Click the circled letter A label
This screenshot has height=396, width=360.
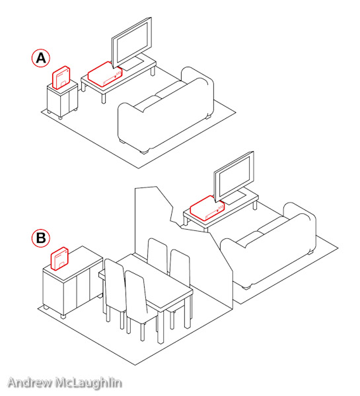click(41, 58)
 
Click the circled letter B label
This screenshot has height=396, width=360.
click(41, 238)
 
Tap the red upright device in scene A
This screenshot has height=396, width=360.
click(61, 77)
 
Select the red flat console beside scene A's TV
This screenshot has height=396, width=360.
click(105, 74)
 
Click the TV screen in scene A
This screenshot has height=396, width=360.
click(132, 42)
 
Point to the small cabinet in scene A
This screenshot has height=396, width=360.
click(63, 99)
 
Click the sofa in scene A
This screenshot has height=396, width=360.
click(166, 110)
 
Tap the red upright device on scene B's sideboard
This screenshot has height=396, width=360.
click(60, 259)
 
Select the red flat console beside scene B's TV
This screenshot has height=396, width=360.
click(207, 209)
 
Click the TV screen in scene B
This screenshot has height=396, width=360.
click(234, 176)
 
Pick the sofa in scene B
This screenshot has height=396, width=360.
click(268, 246)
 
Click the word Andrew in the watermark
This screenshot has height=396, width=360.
click(30, 383)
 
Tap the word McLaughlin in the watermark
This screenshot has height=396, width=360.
click(89, 383)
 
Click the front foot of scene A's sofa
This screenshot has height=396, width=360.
click(145, 152)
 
